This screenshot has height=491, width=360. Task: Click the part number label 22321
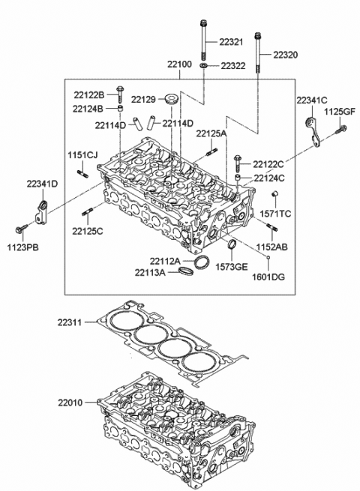(231, 42)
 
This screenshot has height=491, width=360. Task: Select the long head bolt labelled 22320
(258, 52)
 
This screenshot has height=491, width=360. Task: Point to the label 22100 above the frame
(179, 64)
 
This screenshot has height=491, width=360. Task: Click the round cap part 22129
(172, 99)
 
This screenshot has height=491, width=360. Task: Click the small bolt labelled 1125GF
(340, 130)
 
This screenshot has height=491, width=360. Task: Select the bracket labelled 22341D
(41, 213)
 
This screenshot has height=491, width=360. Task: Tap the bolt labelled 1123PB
(20, 229)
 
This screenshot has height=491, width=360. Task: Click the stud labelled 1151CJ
(82, 174)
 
